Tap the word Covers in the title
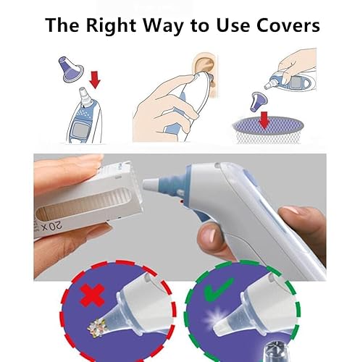(285, 25)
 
